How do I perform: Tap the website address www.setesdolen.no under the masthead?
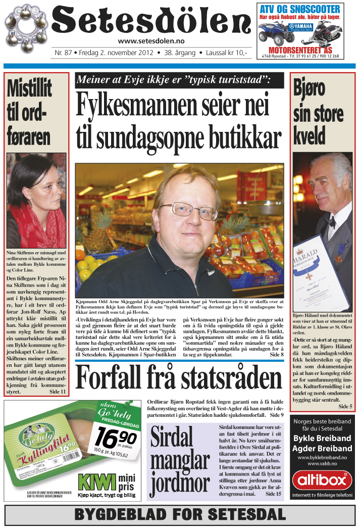pyautogui.click(x=150, y=41)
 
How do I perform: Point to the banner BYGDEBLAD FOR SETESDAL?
pyautogui.click(x=180, y=515)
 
